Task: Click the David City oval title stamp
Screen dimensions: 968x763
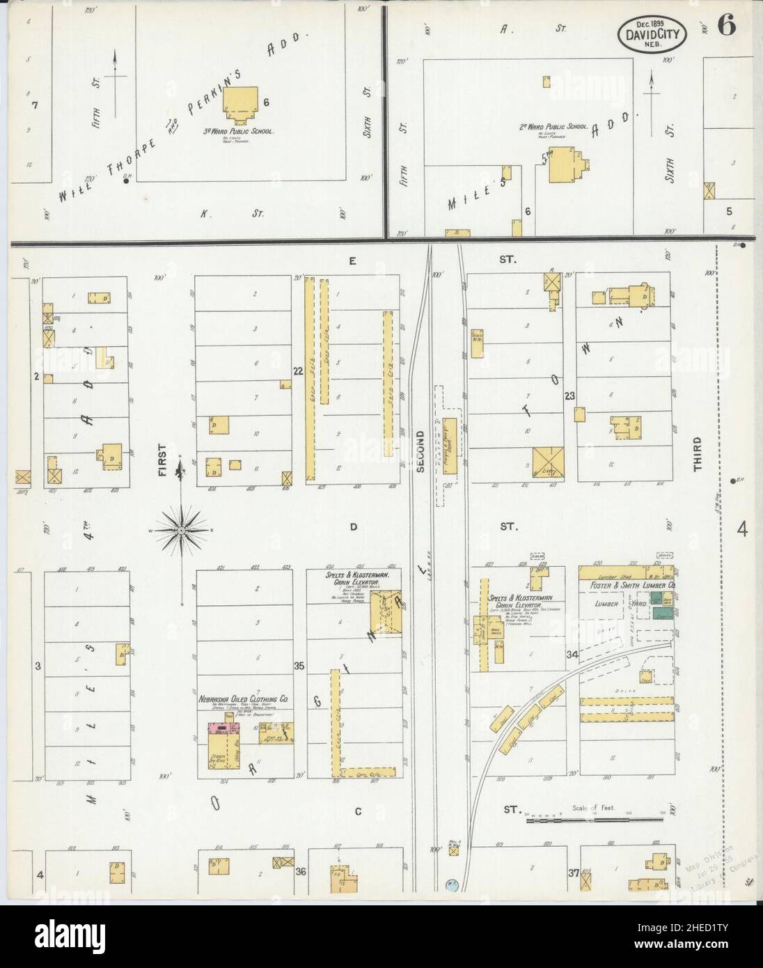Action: (x=652, y=33)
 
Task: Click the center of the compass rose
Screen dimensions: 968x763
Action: (x=181, y=531)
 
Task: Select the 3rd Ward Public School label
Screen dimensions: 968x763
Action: (x=238, y=131)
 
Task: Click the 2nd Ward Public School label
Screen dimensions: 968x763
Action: (x=554, y=127)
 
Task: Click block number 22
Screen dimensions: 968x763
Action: (x=298, y=371)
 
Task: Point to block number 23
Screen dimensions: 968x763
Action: (x=570, y=396)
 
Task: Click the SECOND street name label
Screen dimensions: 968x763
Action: (x=420, y=451)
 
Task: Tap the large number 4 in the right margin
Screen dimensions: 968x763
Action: (x=742, y=530)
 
